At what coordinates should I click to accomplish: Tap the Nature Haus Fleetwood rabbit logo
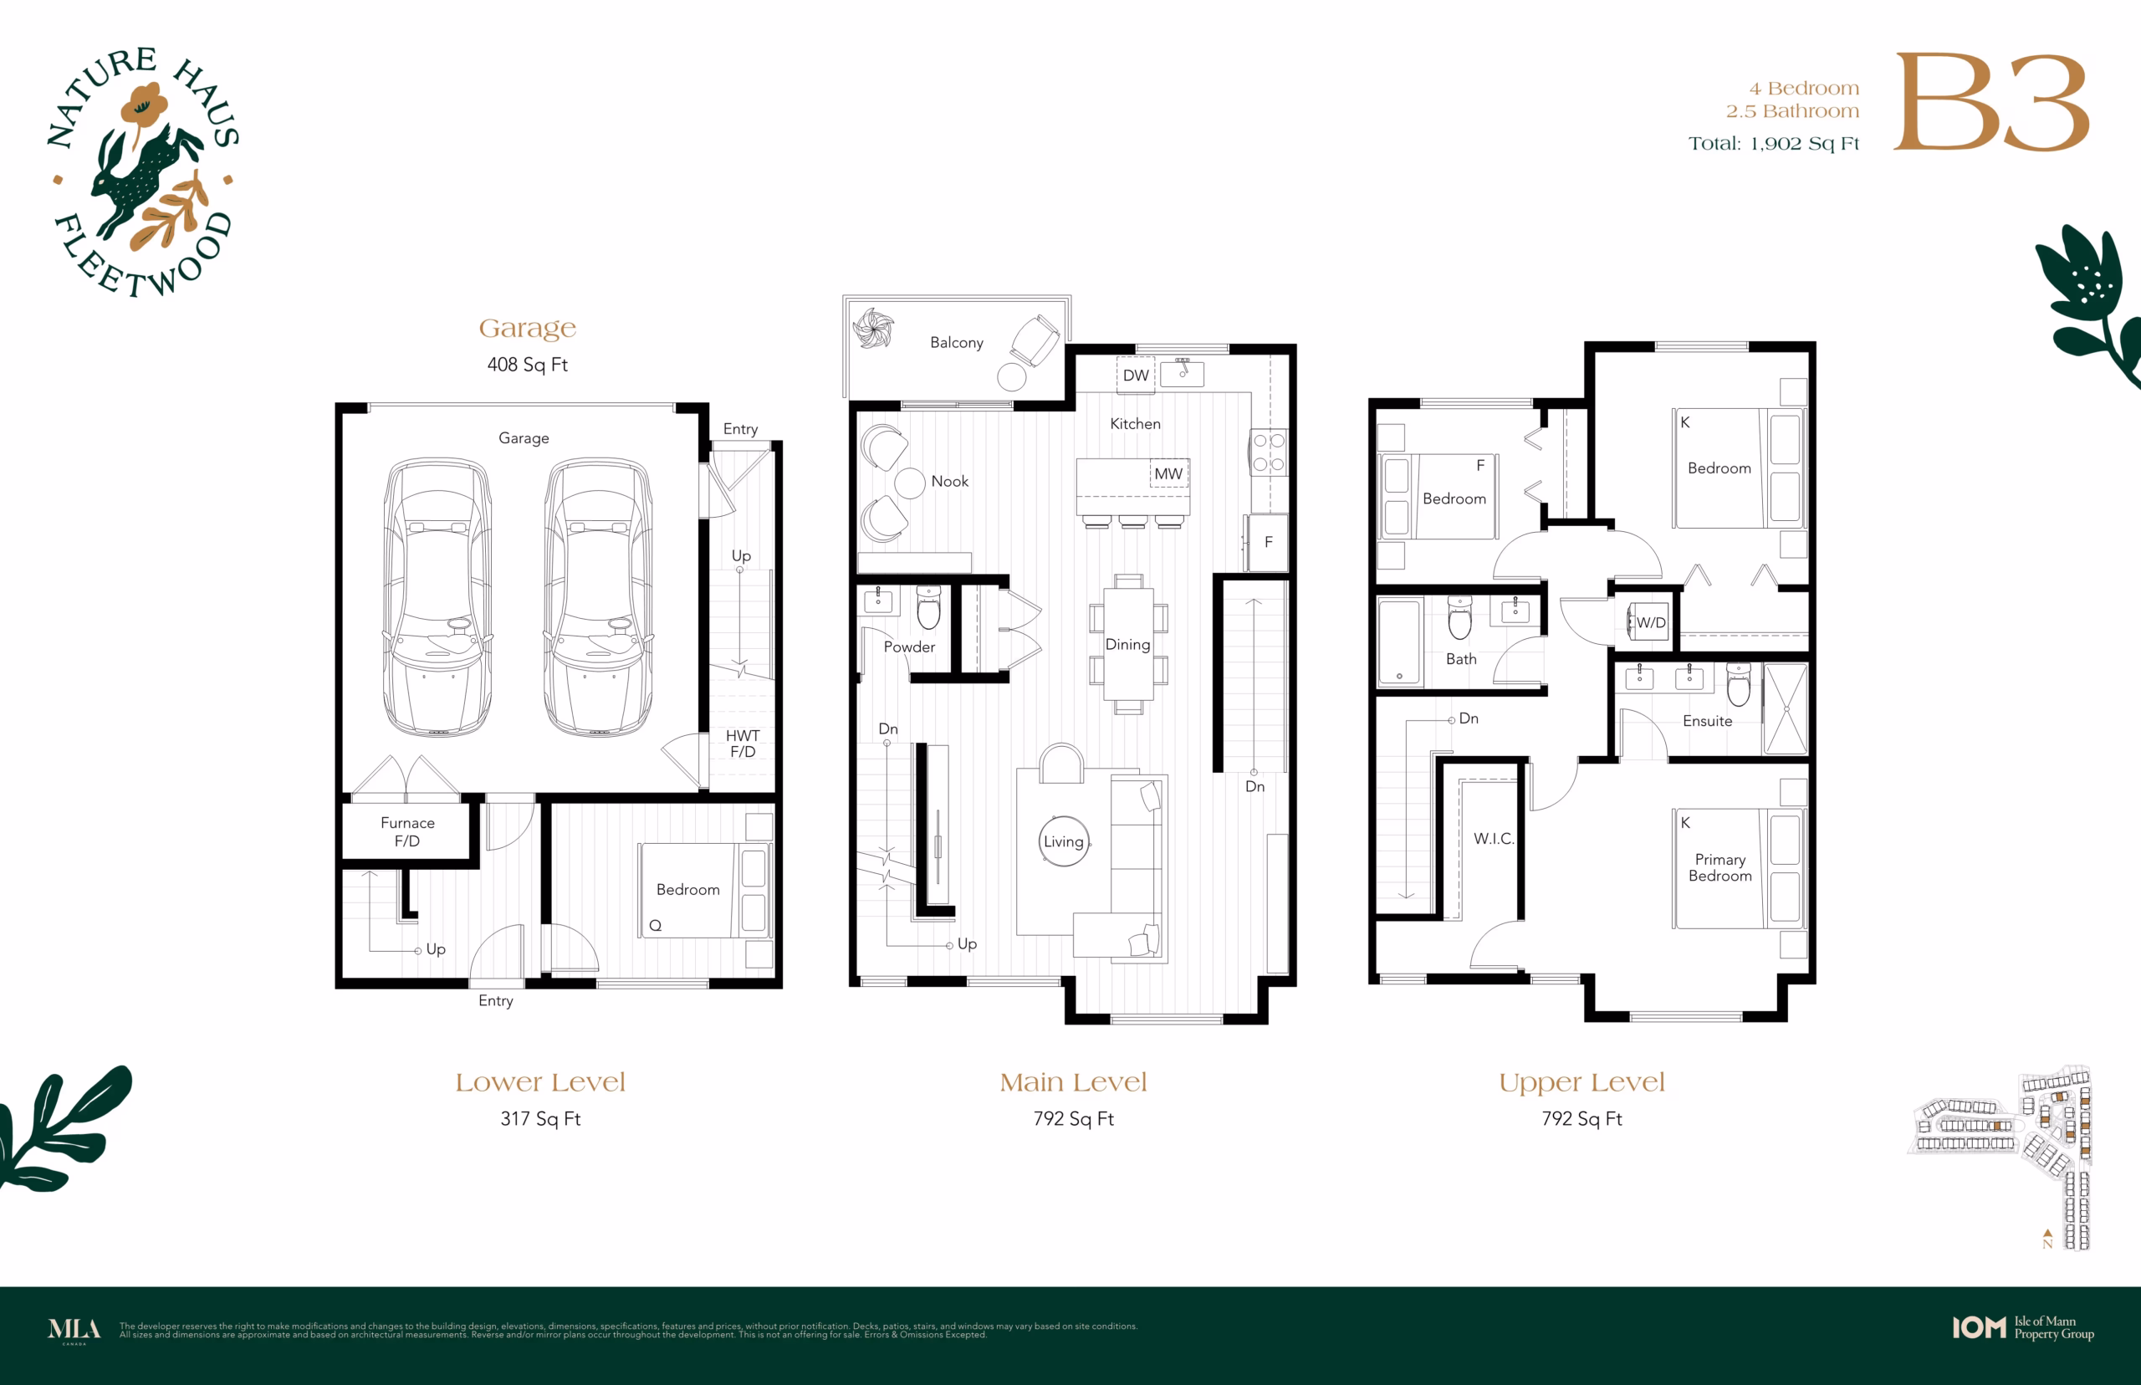coord(144,171)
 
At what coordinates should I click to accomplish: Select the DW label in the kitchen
coord(1136,375)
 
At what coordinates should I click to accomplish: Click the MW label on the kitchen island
coord(1168,473)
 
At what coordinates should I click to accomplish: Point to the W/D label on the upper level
coord(1651,622)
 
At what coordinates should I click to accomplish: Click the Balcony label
coord(957,343)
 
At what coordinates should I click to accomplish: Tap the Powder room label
coord(909,647)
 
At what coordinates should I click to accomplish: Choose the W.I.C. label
coord(1494,838)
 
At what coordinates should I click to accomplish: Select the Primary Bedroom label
coord(1720,867)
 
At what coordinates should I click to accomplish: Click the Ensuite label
coord(1708,720)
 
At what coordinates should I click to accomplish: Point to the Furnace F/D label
coord(407,832)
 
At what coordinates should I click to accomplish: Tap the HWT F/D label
coord(743,743)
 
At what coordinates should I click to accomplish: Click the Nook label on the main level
coord(949,481)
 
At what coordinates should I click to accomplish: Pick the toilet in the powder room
coord(929,607)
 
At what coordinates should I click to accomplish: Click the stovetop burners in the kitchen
coord(1269,452)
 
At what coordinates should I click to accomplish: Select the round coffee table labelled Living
coord(1064,841)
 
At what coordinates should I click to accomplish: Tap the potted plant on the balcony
coord(873,327)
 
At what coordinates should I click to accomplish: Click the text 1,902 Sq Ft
coord(1804,144)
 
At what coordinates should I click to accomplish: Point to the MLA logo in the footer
coord(74,1330)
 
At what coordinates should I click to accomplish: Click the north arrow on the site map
coord(2047,1234)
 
